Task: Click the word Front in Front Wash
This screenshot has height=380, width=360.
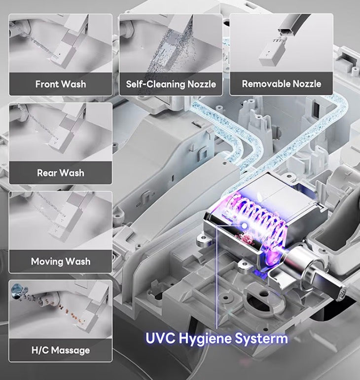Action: point(47,84)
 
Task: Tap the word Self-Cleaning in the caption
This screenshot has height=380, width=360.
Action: point(156,84)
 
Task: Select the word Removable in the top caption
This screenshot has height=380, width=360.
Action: point(266,84)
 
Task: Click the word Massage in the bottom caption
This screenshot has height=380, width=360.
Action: point(71,351)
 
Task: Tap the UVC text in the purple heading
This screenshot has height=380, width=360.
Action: point(160,338)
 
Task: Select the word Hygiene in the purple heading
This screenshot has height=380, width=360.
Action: point(206,339)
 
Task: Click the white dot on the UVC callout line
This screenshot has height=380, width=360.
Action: point(245,226)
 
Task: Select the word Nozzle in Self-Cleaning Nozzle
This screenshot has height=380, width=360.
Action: point(202,84)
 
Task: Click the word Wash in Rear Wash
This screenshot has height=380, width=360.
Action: point(72,173)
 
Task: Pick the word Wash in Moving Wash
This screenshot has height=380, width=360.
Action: point(78,262)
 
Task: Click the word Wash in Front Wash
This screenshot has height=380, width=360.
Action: point(73,84)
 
